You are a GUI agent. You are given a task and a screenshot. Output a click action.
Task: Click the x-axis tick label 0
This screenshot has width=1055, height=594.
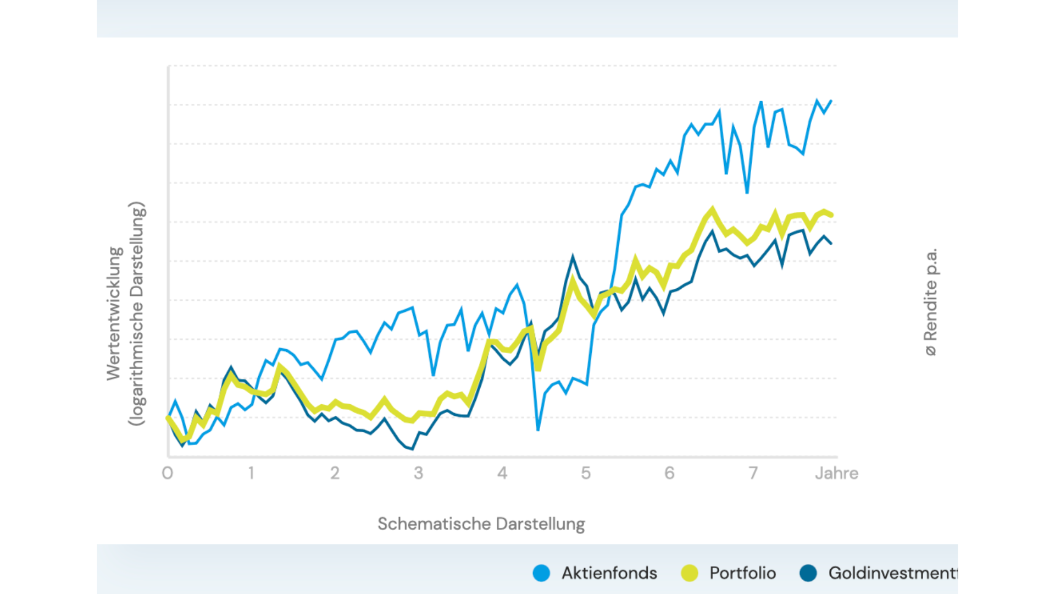168,473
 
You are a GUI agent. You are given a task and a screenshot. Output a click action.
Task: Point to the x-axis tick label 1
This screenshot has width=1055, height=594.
251,473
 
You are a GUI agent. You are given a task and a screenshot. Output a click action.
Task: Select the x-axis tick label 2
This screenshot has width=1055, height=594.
335,473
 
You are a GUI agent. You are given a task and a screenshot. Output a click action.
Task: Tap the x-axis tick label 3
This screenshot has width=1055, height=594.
419,473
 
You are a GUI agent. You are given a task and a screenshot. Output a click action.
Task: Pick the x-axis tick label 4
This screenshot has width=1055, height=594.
502,473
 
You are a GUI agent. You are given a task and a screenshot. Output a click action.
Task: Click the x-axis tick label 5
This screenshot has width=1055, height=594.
586,473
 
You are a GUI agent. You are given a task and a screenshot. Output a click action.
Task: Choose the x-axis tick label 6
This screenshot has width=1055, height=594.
669,473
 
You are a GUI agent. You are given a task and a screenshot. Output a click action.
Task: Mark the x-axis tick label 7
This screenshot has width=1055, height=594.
753,473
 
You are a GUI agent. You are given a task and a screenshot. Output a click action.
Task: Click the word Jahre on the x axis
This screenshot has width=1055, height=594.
836,473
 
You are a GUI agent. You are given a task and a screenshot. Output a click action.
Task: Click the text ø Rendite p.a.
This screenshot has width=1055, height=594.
931,302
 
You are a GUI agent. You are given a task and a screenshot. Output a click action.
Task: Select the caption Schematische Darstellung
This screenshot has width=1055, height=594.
481,524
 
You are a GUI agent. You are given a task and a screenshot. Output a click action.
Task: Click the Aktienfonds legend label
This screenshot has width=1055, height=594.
609,573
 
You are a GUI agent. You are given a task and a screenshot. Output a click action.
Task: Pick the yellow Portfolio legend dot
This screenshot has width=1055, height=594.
689,573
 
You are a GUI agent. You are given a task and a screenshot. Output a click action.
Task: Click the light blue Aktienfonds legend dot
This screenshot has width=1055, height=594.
541,573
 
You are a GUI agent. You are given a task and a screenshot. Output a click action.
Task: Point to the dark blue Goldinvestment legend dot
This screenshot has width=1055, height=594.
808,573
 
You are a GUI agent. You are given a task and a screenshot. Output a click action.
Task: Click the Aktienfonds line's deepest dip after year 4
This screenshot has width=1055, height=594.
538,430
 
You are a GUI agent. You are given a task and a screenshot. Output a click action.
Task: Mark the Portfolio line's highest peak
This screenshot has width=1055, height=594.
713,208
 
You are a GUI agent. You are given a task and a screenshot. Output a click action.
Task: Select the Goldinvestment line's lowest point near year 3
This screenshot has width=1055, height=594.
412,449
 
